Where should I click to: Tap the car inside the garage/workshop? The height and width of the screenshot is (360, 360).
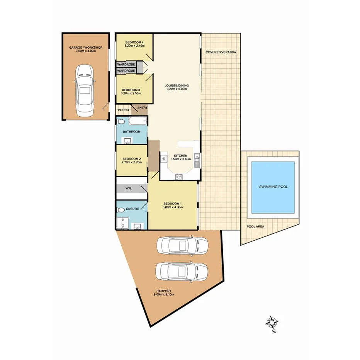(85, 90)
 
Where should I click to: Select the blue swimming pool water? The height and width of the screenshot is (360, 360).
(273, 187)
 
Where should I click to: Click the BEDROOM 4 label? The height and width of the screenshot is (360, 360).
(134, 42)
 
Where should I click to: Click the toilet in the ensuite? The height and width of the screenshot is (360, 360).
(121, 210)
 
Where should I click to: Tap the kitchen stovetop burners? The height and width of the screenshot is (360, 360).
(179, 177)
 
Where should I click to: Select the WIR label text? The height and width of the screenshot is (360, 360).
(128, 188)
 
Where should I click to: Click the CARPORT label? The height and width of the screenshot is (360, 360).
(164, 291)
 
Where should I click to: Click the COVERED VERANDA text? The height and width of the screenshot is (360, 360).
(221, 52)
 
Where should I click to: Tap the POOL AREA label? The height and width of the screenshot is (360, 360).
(255, 227)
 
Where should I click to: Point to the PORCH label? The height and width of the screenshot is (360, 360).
(123, 110)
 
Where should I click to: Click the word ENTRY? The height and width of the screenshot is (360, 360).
(142, 108)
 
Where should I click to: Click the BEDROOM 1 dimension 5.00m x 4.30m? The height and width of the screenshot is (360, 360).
(173, 207)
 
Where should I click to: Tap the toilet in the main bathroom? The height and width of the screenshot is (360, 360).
(121, 122)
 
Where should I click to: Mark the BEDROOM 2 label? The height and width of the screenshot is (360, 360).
(132, 159)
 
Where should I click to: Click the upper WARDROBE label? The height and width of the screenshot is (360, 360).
(126, 65)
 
